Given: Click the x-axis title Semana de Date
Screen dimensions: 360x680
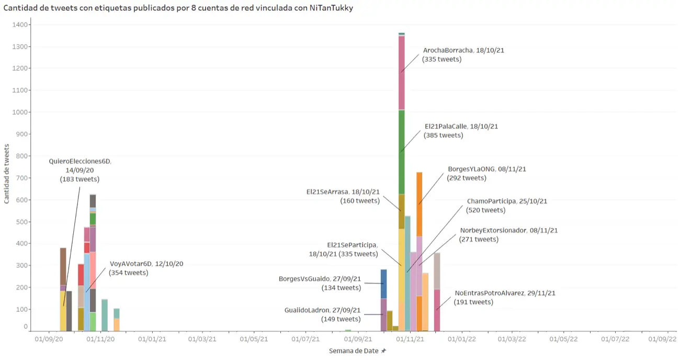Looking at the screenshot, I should tap(354, 351).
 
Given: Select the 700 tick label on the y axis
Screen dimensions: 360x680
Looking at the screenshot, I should tap(22, 178).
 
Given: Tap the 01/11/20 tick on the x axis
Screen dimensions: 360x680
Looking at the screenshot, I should tap(100, 339).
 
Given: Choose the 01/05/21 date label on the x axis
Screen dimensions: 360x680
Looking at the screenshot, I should tap(254, 339).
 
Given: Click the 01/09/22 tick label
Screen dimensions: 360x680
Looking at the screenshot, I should tap(662, 339).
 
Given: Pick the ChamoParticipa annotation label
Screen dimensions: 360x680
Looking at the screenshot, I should tap(499, 206).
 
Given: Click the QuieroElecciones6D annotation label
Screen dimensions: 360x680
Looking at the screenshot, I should tap(80, 170).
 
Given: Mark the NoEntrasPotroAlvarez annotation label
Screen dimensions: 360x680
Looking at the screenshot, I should tap(505, 297).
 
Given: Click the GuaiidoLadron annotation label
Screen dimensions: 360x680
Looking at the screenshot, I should tap(322, 314).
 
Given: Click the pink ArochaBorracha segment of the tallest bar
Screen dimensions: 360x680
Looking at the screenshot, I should tap(401, 73).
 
